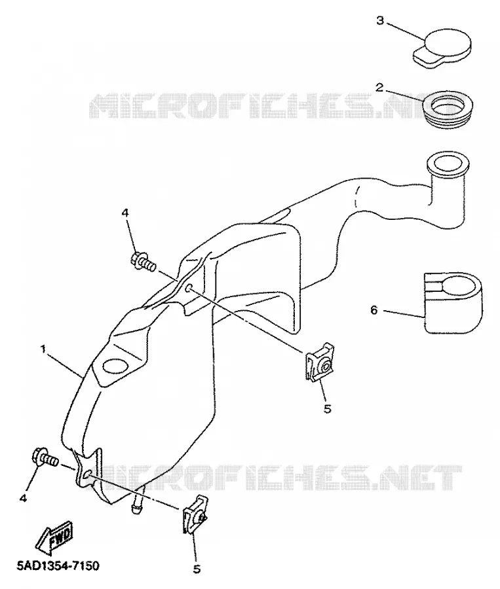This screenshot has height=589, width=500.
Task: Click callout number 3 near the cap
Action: [x=380, y=21]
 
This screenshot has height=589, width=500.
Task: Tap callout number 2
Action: [x=379, y=88]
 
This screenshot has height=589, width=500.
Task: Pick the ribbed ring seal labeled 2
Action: [x=448, y=105]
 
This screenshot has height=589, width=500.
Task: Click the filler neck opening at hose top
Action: [x=448, y=164]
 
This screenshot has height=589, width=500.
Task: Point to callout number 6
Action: [x=374, y=310]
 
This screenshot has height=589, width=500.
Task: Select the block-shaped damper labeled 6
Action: [x=453, y=303]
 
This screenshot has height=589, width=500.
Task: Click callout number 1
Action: [x=43, y=349]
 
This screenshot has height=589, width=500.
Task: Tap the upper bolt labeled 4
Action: [x=144, y=261]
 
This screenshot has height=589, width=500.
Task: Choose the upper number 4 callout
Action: [x=125, y=213]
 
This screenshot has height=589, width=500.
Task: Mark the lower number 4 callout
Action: [x=23, y=498]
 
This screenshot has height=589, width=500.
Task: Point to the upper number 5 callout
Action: [x=327, y=408]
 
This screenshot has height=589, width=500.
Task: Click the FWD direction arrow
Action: [x=55, y=537]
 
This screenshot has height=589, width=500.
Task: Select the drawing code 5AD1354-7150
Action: [x=58, y=565]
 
